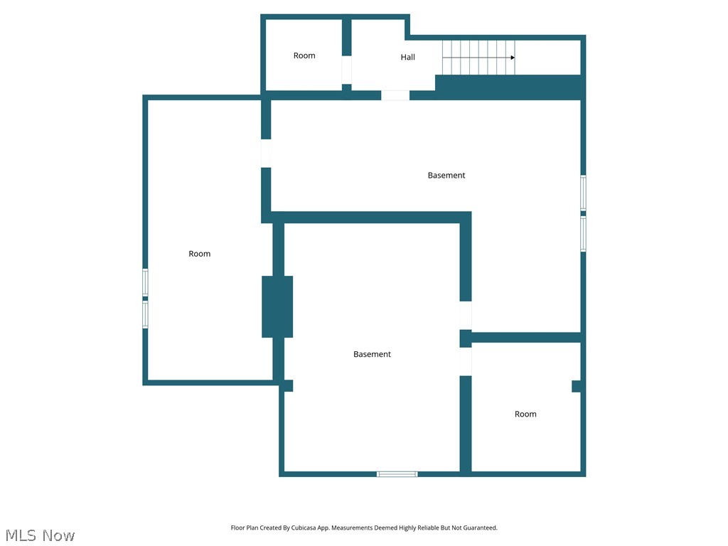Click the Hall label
click(x=407, y=58)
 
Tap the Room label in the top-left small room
click(x=304, y=55)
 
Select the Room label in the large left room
click(x=200, y=254)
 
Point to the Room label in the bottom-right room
click(x=525, y=414)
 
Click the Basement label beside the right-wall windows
click(x=446, y=175)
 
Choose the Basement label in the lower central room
click(x=372, y=354)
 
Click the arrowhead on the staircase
click(x=513, y=58)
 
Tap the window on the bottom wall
click(x=397, y=473)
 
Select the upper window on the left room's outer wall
click(x=145, y=282)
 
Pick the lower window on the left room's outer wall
click(x=145, y=314)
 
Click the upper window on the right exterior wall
click(x=583, y=193)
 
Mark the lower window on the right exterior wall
click(x=583, y=234)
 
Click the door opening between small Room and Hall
click(x=347, y=70)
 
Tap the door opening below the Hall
click(x=395, y=95)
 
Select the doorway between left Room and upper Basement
click(x=266, y=153)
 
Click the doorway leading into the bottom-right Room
click(x=466, y=361)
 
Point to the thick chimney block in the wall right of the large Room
click(x=277, y=306)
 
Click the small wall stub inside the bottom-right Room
click(x=577, y=386)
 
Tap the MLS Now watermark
click(x=40, y=535)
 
